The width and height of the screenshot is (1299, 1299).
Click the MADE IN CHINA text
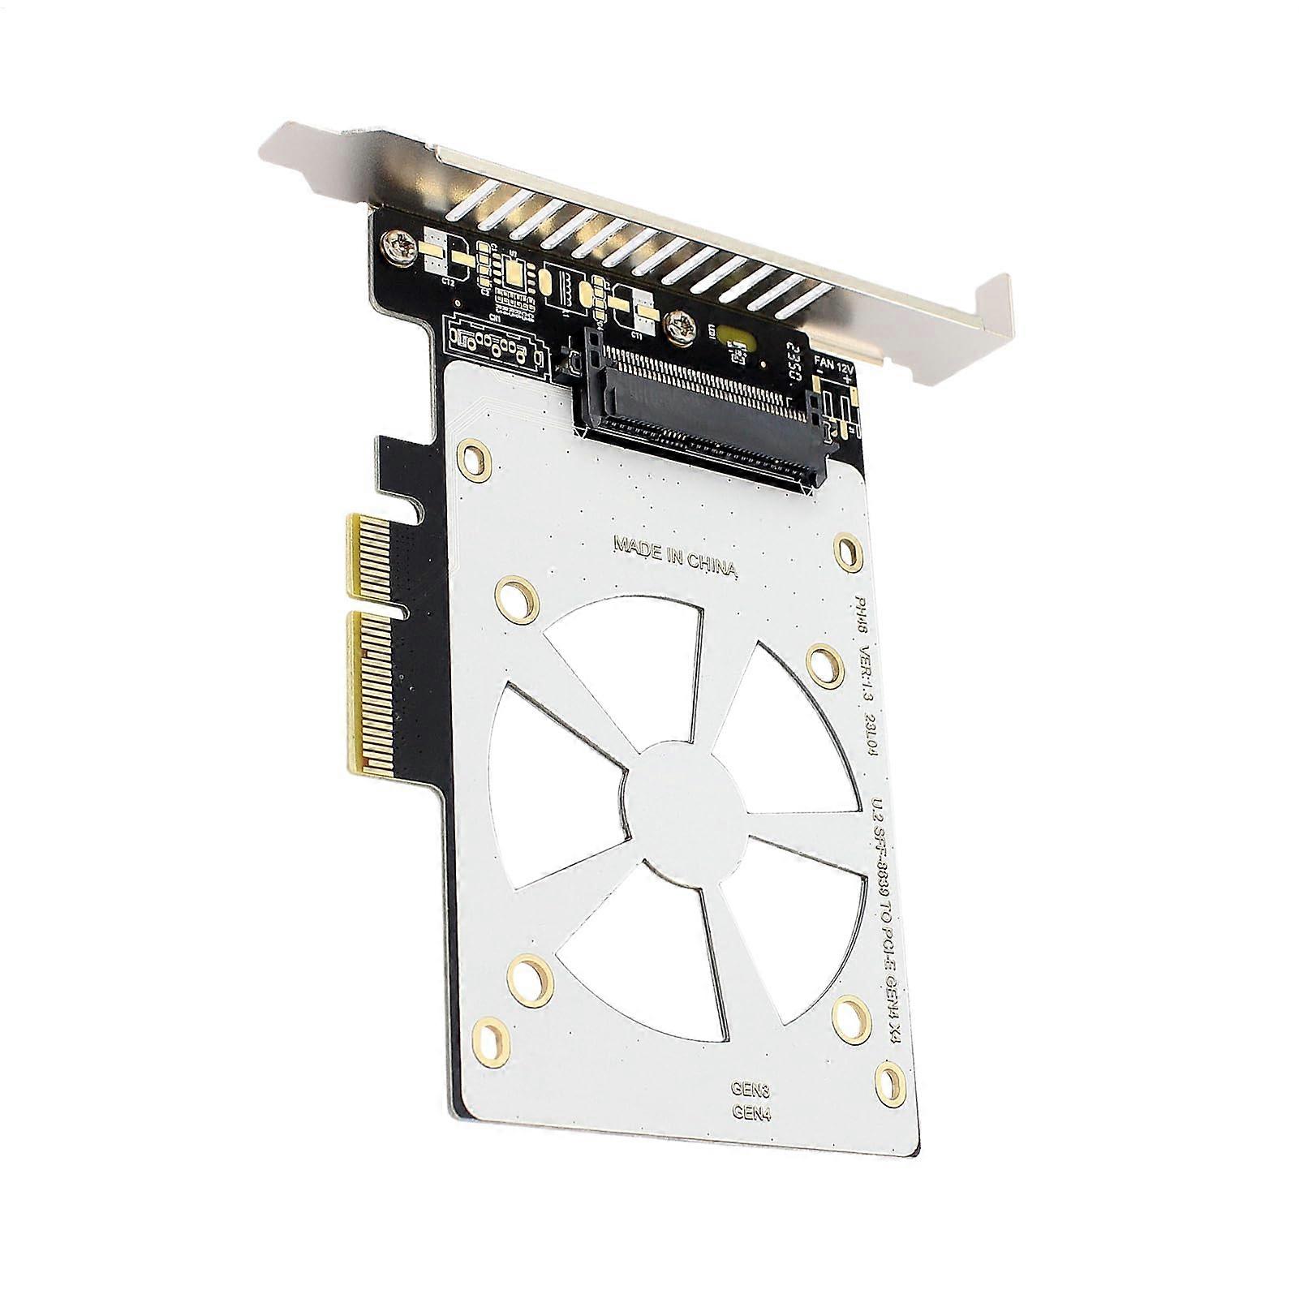tap(675, 556)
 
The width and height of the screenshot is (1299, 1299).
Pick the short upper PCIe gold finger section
tap(363, 560)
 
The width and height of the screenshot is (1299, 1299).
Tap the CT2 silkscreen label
tap(447, 281)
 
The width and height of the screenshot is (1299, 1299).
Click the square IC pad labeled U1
tap(515, 271)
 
